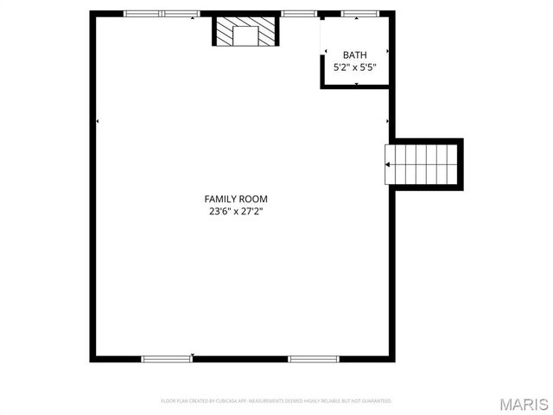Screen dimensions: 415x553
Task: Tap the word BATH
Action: (354, 54)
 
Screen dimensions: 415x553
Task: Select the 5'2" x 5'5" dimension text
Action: (355, 66)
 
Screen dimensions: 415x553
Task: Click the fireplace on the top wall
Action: (247, 32)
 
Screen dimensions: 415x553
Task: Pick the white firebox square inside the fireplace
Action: (247, 35)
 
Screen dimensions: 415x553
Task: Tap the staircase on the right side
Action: (423, 163)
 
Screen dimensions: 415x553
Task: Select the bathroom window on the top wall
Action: (357, 14)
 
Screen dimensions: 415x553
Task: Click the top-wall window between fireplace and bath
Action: (299, 14)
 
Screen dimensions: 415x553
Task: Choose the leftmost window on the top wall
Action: (143, 14)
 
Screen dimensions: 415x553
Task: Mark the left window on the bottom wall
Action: (167, 358)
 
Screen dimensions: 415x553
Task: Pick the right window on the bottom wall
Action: (314, 358)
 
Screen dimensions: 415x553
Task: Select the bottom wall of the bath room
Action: (357, 86)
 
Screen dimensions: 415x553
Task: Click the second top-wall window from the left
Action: (181, 14)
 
